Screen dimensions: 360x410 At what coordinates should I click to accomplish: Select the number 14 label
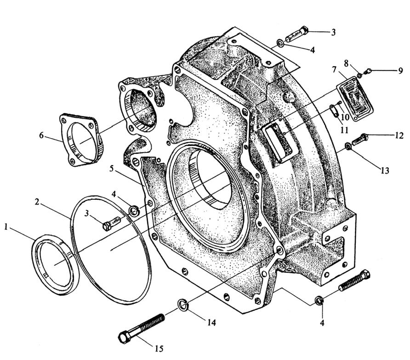click(x=211, y=323)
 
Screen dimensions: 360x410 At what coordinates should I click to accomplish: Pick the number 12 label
click(x=399, y=135)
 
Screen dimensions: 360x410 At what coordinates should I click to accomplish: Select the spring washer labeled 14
click(x=182, y=304)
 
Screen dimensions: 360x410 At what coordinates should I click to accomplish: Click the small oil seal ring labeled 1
click(x=56, y=263)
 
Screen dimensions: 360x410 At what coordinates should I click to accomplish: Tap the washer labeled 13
click(x=347, y=147)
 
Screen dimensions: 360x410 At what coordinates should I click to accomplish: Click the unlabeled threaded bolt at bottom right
click(x=355, y=281)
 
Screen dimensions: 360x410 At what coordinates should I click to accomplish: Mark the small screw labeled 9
click(x=368, y=71)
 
